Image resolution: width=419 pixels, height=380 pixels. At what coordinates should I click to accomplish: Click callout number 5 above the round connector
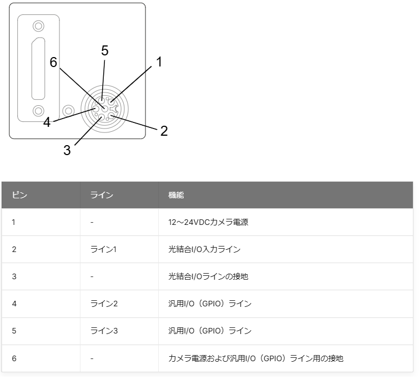[x=105, y=50]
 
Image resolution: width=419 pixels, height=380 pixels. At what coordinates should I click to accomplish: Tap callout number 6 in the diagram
[x=53, y=62]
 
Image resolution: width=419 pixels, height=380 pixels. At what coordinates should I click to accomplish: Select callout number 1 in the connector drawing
[x=159, y=61]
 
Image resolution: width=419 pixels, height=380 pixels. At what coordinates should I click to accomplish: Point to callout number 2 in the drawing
[x=164, y=131]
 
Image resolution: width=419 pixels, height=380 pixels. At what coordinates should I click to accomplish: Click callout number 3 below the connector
[x=67, y=150]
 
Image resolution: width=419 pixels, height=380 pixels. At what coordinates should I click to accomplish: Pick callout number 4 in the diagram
[x=47, y=122]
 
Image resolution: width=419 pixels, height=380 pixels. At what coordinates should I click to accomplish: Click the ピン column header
[x=19, y=195]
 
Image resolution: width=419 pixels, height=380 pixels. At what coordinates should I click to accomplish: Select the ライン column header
[x=102, y=195]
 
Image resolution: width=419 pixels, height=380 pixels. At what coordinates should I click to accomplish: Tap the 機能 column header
[x=176, y=195]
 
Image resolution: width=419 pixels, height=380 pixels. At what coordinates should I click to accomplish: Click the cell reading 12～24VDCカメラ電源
[x=208, y=222]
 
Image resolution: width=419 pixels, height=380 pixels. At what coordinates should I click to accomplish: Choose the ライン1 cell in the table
[x=103, y=249]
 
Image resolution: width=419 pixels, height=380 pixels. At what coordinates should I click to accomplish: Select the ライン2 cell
[x=104, y=304]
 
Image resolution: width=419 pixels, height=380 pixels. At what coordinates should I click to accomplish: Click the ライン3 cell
[x=104, y=331]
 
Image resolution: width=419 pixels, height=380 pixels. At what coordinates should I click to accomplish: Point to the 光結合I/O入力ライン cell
[x=204, y=249]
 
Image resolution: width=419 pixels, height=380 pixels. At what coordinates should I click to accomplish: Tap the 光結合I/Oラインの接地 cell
[x=208, y=276]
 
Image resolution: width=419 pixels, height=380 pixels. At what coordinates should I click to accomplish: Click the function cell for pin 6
[x=256, y=358]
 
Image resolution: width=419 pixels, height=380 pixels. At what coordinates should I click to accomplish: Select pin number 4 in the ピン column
[x=14, y=304]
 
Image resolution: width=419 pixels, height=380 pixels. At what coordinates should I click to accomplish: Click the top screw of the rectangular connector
[x=38, y=26]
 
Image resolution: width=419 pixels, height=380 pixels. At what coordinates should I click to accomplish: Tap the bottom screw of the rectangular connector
[x=38, y=111]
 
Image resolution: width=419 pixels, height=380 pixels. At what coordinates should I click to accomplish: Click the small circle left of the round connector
[x=68, y=111]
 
